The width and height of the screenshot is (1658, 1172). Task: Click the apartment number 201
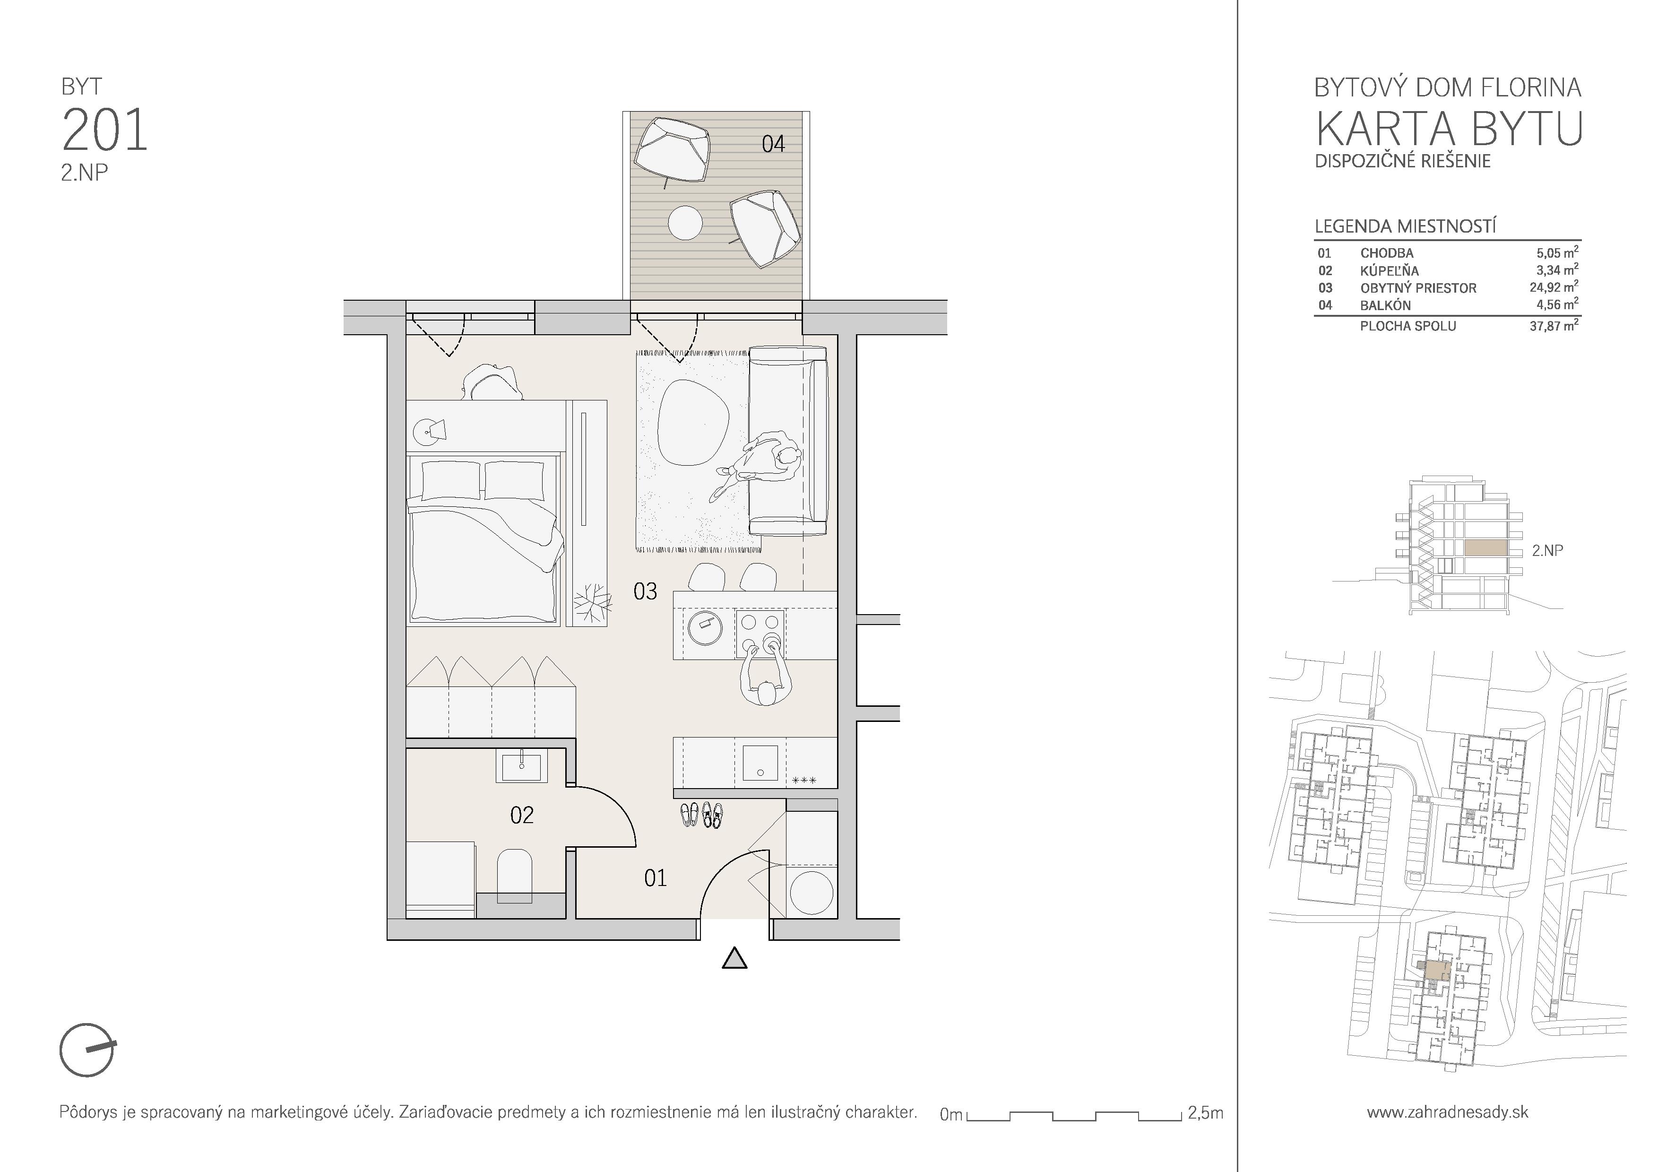point(105,130)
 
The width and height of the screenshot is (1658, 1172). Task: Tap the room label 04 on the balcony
point(773,144)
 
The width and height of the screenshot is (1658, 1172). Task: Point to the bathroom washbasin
point(521,765)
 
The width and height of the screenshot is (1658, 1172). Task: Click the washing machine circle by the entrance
point(812,893)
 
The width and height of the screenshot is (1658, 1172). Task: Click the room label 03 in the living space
point(645,592)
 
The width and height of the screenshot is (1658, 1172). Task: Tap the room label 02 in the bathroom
point(521,815)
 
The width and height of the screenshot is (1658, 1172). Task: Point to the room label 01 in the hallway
point(655,878)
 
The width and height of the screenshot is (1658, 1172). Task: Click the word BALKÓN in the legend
point(1385,305)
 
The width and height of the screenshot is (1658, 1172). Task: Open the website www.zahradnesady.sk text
point(1447,1112)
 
